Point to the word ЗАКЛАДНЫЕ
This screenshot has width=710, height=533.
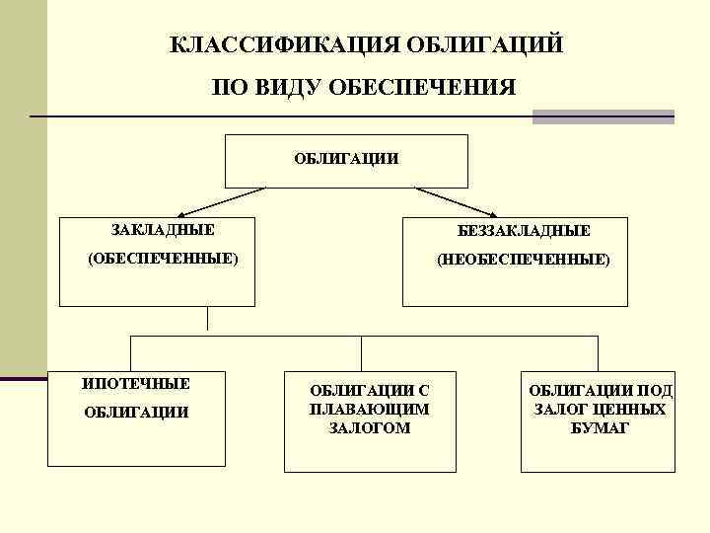coord(163,230)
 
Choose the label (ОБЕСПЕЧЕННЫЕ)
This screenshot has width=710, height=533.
coord(163,259)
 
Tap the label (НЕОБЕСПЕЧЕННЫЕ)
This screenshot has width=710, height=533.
coord(524,260)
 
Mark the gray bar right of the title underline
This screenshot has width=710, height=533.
coord(603,116)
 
